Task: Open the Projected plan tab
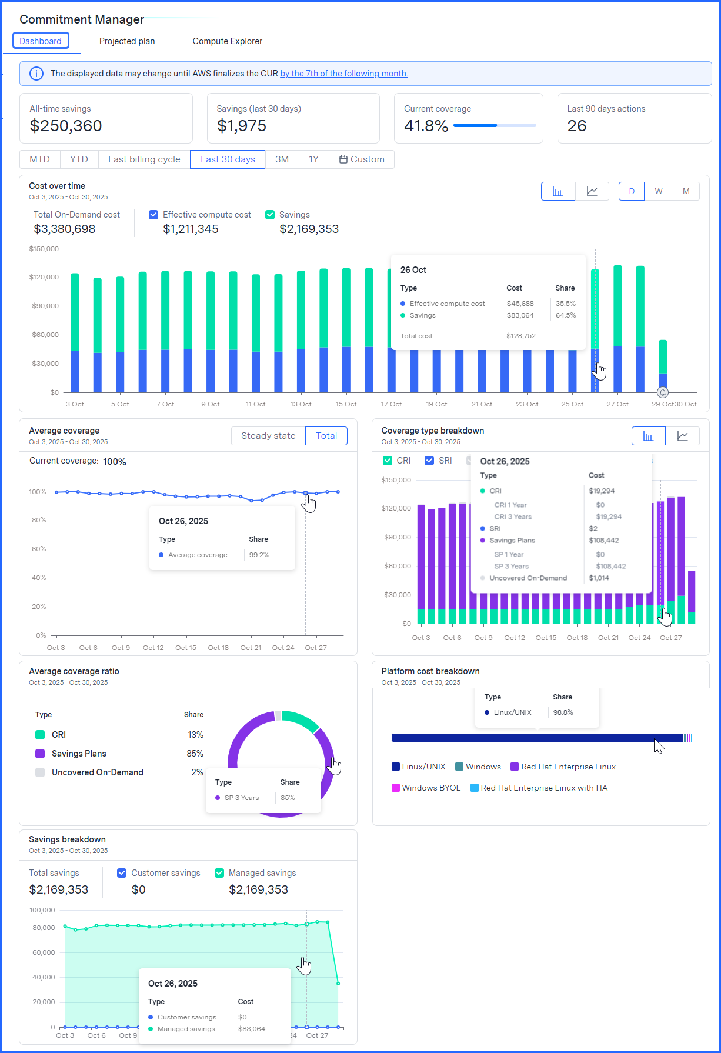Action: click(127, 41)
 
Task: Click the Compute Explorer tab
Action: click(227, 41)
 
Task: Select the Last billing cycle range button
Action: click(144, 159)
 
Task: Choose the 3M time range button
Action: click(282, 159)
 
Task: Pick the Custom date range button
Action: click(362, 159)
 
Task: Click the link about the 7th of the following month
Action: click(344, 74)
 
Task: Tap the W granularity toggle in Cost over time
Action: click(659, 191)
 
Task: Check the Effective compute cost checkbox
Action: click(153, 215)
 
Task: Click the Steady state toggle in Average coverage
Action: click(268, 436)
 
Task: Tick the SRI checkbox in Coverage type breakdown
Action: click(429, 461)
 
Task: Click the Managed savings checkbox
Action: click(219, 873)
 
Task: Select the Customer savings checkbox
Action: click(122, 873)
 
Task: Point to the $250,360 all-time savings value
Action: click(66, 126)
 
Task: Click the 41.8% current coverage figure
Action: click(426, 126)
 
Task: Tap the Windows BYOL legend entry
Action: click(426, 788)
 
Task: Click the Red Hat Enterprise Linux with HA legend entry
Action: click(539, 788)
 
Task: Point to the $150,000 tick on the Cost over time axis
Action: click(44, 249)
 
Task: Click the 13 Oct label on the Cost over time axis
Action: click(301, 404)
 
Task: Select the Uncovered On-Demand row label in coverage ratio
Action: click(98, 772)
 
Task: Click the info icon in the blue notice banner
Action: click(36, 74)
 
